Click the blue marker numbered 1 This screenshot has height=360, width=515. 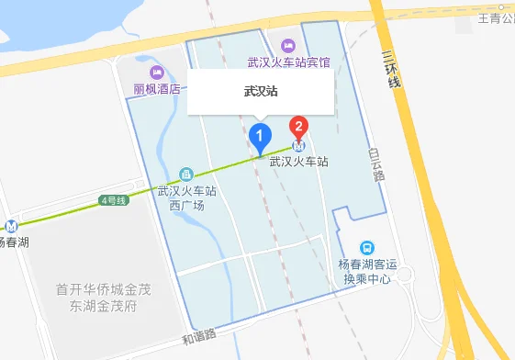[260, 138]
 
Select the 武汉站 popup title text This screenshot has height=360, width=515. [261, 92]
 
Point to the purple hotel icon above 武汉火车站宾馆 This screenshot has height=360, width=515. [288, 45]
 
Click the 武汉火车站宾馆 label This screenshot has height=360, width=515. [288, 62]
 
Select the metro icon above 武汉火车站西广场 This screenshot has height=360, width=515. [186, 174]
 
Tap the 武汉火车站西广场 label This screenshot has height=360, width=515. [186, 198]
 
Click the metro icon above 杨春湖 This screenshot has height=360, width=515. [12, 225]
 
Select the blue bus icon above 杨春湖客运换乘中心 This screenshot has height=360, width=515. [367, 248]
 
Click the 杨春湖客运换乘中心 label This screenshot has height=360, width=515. [365, 272]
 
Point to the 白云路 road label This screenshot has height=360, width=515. [376, 165]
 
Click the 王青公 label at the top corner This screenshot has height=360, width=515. [496, 18]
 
